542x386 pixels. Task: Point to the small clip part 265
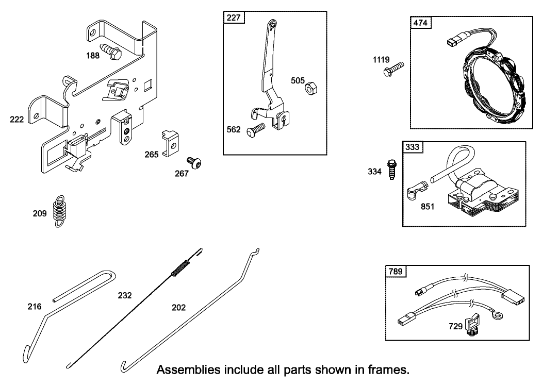tap(170, 143)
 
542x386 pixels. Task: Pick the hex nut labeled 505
tap(311, 89)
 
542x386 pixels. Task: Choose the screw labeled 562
tap(255, 128)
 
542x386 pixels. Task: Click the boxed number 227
tap(234, 18)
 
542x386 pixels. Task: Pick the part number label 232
tap(125, 295)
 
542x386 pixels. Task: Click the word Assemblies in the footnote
tap(184, 371)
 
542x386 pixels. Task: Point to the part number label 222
tap(17, 120)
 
